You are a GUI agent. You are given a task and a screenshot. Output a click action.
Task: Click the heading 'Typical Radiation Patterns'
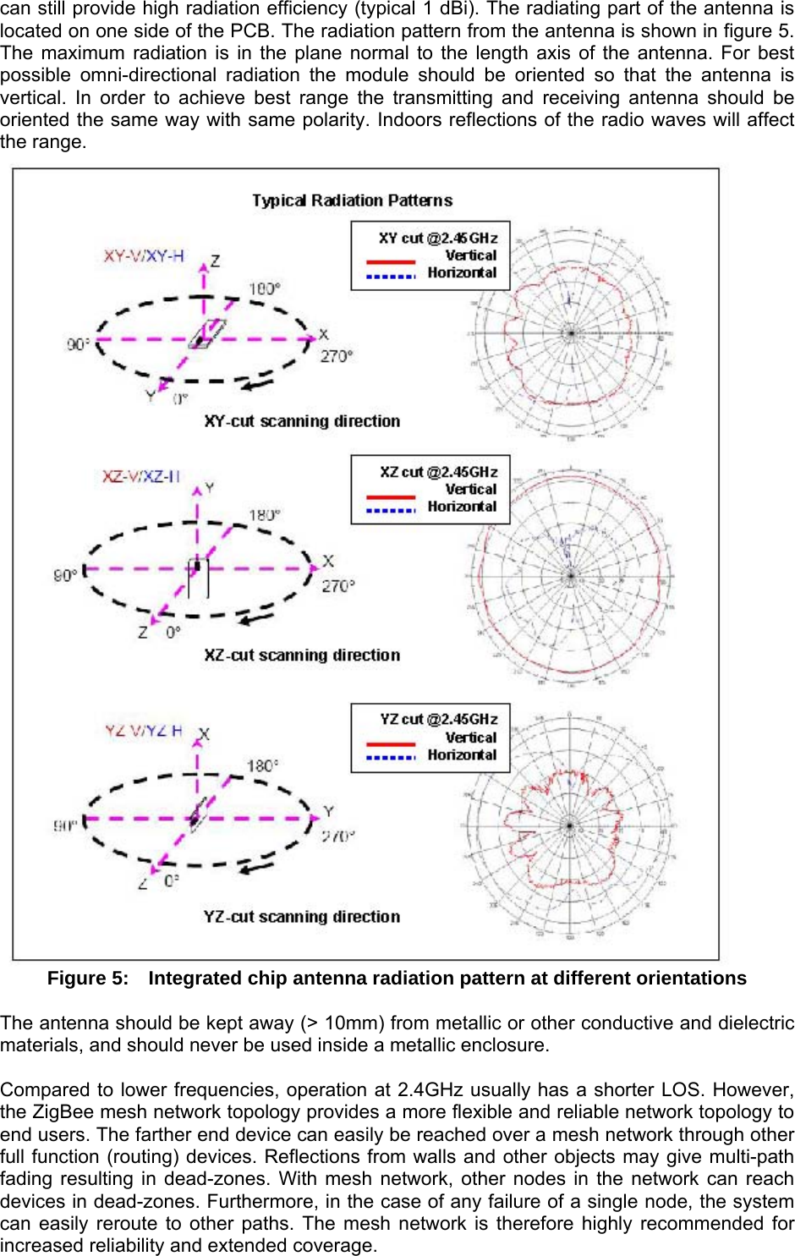click(352, 200)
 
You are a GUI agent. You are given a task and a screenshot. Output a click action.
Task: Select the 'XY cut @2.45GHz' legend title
click(438, 239)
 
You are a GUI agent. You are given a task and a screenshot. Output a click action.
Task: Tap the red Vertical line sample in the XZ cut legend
click(390, 496)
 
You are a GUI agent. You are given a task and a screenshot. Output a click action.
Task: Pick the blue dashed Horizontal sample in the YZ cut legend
click(390, 756)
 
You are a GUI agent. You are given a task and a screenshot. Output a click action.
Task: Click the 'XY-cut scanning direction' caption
click(302, 421)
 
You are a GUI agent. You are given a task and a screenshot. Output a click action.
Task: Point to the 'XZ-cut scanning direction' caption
click(302, 655)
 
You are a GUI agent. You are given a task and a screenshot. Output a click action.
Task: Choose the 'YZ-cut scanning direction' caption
click(302, 917)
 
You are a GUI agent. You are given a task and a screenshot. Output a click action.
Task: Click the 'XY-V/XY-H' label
click(143, 256)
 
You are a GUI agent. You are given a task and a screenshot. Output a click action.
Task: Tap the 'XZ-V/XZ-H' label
click(141, 477)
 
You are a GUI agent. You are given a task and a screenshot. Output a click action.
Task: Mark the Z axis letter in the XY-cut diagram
click(216, 261)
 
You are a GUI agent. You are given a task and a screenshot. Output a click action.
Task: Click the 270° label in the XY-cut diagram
click(336, 356)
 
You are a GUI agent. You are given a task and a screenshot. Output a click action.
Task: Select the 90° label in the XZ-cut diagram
click(65, 575)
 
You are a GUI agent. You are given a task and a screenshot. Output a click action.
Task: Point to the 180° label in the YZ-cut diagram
click(262, 766)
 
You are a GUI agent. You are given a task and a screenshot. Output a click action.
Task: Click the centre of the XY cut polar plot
click(571, 333)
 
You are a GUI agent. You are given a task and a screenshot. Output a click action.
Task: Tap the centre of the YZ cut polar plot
click(569, 825)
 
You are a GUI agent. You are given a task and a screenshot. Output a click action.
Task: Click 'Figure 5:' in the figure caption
click(88, 979)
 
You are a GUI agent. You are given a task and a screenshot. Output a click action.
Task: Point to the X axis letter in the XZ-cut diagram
click(328, 561)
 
